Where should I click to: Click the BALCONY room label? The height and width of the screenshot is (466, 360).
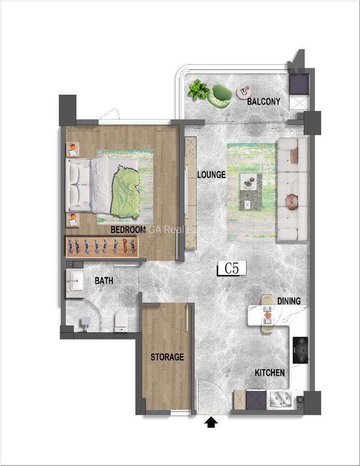(x=263, y=101)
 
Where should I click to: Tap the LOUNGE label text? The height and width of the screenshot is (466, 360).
(x=211, y=175)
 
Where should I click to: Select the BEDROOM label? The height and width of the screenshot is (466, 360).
(x=127, y=229)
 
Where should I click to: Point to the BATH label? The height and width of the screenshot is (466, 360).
(x=104, y=281)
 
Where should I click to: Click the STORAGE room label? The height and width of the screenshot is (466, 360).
(x=167, y=357)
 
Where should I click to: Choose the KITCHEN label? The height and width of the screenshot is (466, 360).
(x=269, y=373)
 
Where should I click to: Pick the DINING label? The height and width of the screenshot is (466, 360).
(x=289, y=301)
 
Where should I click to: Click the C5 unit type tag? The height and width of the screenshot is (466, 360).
(x=231, y=269)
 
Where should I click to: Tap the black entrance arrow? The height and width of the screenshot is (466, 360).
(x=211, y=423)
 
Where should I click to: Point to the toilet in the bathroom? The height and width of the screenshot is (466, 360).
(x=121, y=321)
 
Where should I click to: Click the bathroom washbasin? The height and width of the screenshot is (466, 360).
(x=75, y=283)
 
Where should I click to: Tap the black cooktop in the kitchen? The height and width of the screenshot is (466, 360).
(x=300, y=350)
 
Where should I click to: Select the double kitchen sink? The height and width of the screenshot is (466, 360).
(x=281, y=399)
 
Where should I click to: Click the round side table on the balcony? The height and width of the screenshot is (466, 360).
(x=243, y=92)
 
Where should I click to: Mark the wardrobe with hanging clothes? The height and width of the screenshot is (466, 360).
(x=102, y=246)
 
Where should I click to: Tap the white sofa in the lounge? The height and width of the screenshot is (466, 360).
(x=293, y=190)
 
